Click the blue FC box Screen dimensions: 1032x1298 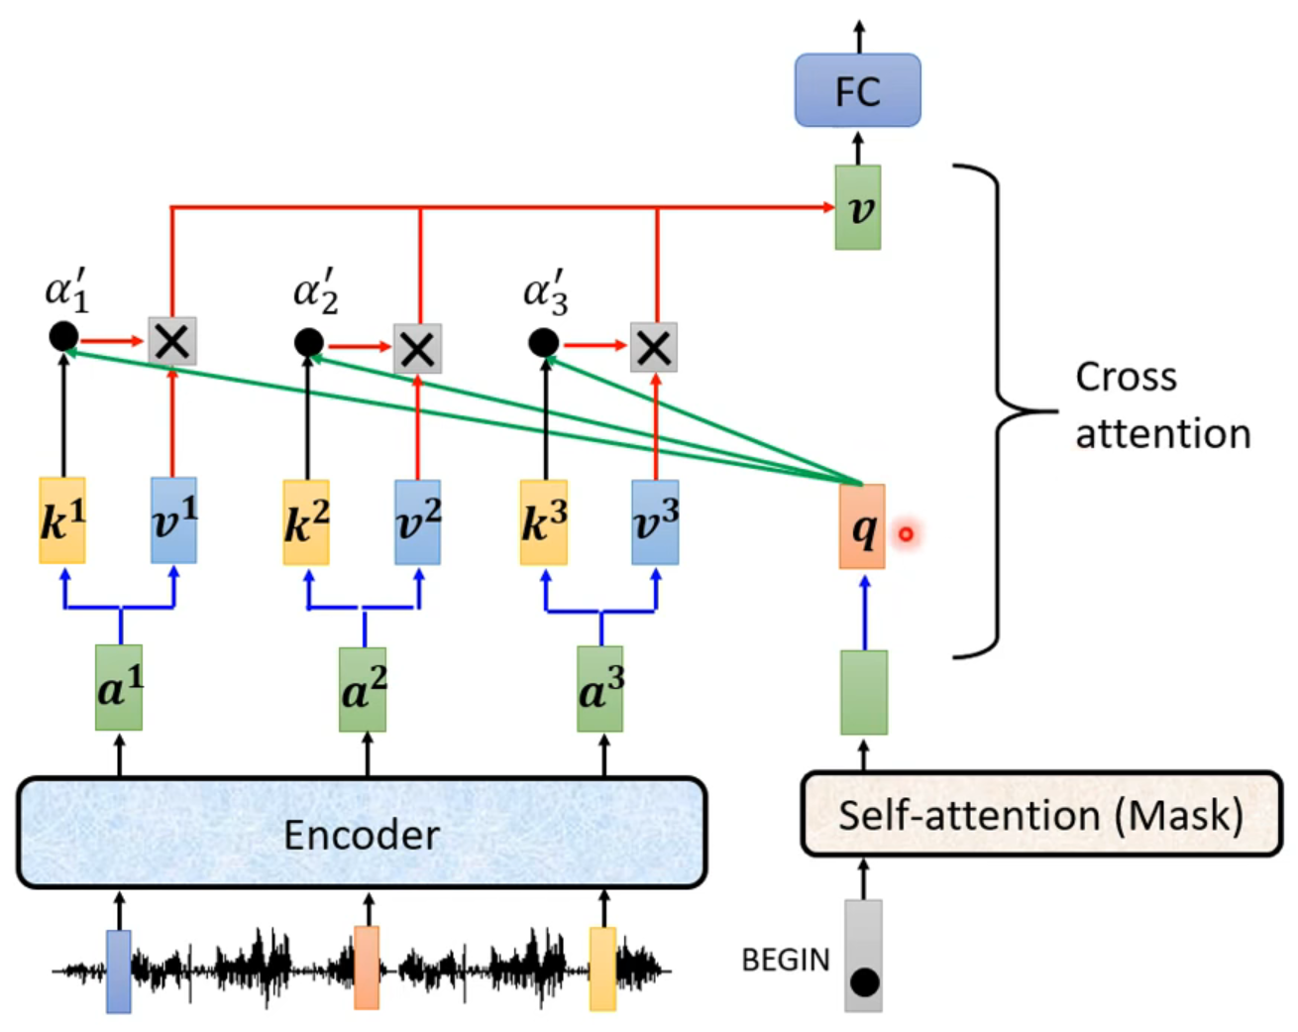pyautogui.click(x=857, y=91)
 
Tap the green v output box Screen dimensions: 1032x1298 pyautogui.click(x=858, y=208)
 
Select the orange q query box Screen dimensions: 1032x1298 pyautogui.click(x=862, y=527)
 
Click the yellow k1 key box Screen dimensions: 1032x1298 pyautogui.click(x=62, y=520)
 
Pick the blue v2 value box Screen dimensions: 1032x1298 pyautogui.click(x=417, y=522)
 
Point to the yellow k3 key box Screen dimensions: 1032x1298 pyautogui.click(x=544, y=522)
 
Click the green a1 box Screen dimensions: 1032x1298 pyautogui.click(x=119, y=687)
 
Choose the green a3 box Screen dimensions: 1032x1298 pyautogui.click(x=600, y=689)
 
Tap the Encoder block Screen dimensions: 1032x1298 pyautogui.click(x=362, y=833)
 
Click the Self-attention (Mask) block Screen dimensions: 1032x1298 pyautogui.click(x=1040, y=815)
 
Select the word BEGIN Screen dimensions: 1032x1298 pyautogui.click(x=786, y=960)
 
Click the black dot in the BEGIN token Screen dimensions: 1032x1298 pyautogui.click(x=864, y=982)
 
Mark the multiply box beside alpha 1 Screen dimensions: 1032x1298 pyautogui.click(x=172, y=342)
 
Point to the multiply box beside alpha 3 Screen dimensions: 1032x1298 pyautogui.click(x=654, y=348)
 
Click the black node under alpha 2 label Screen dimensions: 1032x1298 pyautogui.click(x=308, y=343)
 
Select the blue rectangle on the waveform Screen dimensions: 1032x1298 pyautogui.click(x=119, y=971)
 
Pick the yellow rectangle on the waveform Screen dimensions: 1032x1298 pyautogui.click(x=602, y=969)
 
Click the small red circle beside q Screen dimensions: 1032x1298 pyautogui.click(x=906, y=534)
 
